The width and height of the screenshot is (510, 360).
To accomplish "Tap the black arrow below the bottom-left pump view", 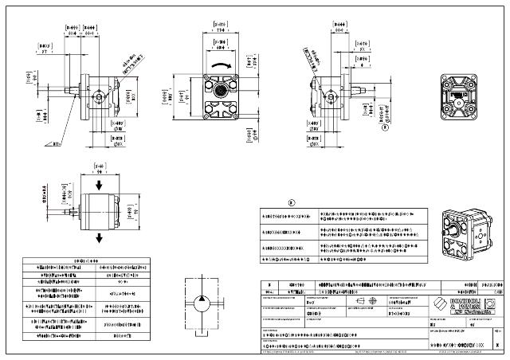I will pyautogui.click(x=98, y=237).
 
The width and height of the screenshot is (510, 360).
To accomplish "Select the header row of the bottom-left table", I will pyautogui.click(x=86, y=260).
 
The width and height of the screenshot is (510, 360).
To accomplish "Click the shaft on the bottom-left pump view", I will pyautogui.click(x=68, y=212).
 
